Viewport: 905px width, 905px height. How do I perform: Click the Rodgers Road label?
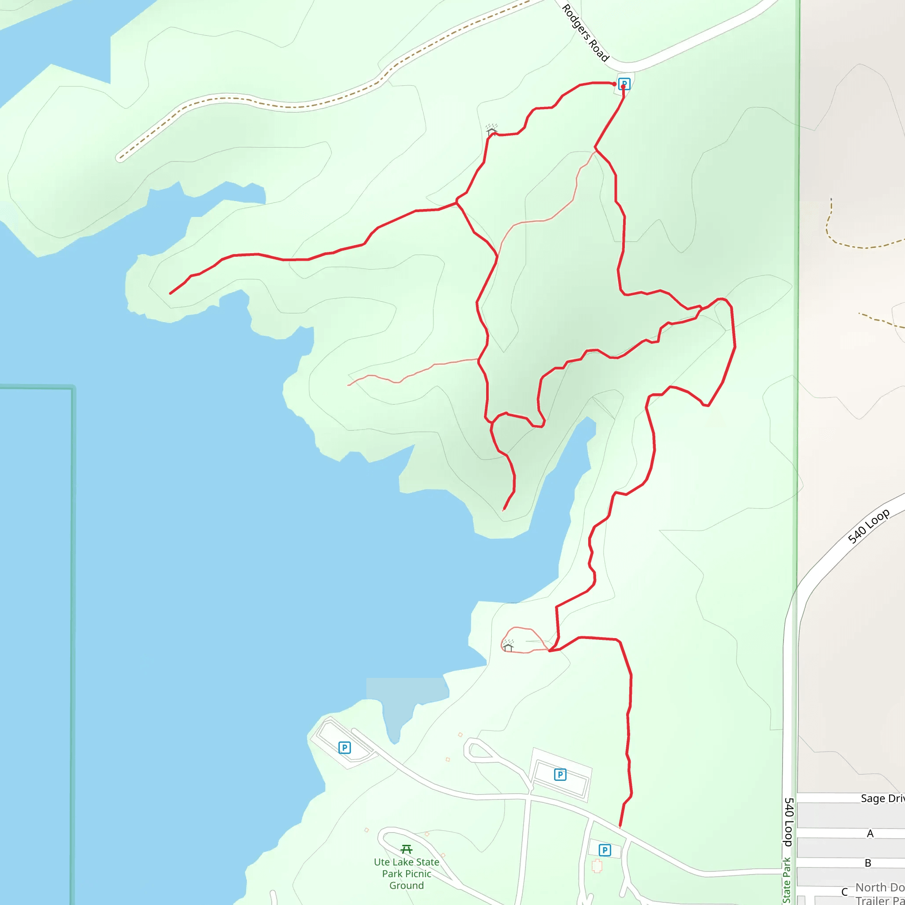click(x=585, y=33)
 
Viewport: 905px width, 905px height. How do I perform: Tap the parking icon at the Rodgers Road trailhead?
click(x=624, y=84)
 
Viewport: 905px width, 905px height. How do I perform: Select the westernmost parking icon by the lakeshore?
click(x=344, y=748)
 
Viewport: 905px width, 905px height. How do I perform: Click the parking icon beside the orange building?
click(x=605, y=850)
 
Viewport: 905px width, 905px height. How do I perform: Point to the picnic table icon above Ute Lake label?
click(x=407, y=849)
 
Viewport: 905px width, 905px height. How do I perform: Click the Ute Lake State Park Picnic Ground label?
click(x=407, y=874)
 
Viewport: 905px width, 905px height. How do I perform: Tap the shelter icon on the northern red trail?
click(x=491, y=130)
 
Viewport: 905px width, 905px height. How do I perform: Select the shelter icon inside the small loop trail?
click(x=508, y=646)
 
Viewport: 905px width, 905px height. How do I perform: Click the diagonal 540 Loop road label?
click(x=868, y=526)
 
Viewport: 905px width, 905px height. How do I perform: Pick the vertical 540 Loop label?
click(x=789, y=822)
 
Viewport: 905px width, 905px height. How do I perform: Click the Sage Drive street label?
click(x=882, y=798)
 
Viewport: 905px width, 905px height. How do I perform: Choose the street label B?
click(x=868, y=863)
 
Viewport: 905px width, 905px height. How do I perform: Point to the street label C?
click(x=844, y=892)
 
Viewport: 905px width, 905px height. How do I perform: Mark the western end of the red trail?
click(x=171, y=294)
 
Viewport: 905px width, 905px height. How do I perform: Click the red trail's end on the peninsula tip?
click(x=504, y=510)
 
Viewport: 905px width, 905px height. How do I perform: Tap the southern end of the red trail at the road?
click(x=620, y=827)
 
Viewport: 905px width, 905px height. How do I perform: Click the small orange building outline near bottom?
click(x=596, y=866)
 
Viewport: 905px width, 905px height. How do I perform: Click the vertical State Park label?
click(x=787, y=881)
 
